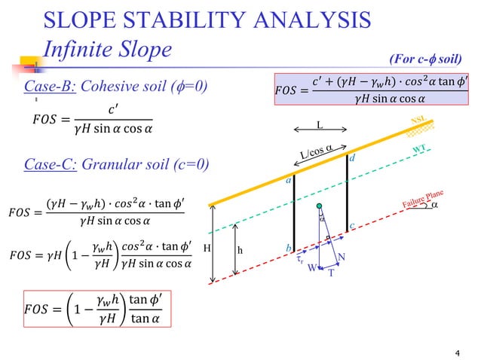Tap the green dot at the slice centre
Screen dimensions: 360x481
320,206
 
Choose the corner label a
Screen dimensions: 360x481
288,182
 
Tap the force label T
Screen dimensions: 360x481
329,273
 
